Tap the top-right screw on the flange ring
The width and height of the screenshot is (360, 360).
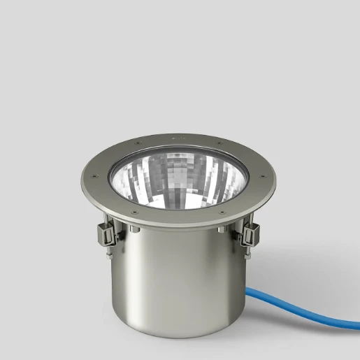[x=222, y=149]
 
